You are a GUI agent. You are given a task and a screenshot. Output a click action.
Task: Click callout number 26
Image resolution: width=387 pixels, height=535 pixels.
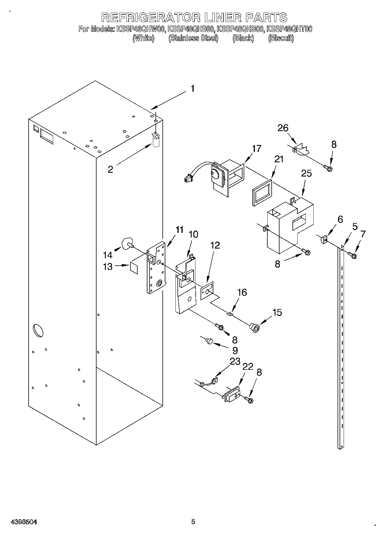point(283,128)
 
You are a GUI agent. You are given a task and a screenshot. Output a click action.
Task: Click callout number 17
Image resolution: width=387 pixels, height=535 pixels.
point(256,148)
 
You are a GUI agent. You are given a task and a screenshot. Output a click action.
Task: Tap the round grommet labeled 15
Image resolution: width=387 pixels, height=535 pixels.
point(255,328)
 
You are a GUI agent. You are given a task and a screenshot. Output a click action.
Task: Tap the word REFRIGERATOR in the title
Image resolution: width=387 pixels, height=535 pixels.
point(151,18)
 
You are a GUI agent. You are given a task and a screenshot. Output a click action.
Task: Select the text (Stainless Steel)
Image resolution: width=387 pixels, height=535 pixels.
point(193,38)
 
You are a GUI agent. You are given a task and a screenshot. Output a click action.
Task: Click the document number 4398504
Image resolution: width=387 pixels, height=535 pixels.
point(24,522)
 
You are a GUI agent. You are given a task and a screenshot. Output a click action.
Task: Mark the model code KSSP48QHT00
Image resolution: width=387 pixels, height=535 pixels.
point(289,29)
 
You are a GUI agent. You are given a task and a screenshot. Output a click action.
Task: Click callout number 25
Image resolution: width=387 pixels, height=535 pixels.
point(306,173)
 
